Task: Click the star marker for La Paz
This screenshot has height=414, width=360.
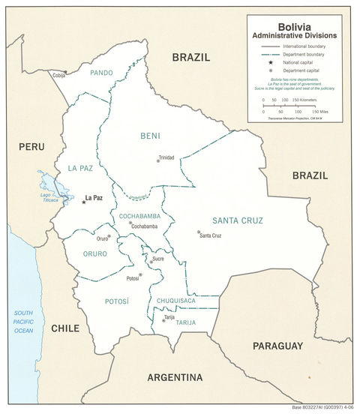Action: click(x=83, y=202)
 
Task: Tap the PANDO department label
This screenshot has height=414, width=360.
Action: click(x=101, y=73)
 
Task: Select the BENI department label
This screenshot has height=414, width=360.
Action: click(x=150, y=136)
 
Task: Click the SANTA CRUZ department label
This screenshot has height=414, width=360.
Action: click(x=235, y=220)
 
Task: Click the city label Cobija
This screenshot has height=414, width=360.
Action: click(x=59, y=74)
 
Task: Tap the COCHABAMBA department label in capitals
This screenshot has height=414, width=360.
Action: click(x=139, y=216)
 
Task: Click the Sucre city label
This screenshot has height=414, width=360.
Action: click(x=157, y=259)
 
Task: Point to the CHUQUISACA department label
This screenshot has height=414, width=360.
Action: click(x=176, y=301)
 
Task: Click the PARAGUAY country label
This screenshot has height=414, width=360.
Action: click(x=277, y=346)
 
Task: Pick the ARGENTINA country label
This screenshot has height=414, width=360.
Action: click(x=175, y=377)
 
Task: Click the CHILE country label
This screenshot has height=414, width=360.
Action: click(x=65, y=328)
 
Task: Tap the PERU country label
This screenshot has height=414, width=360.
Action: click(x=31, y=148)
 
